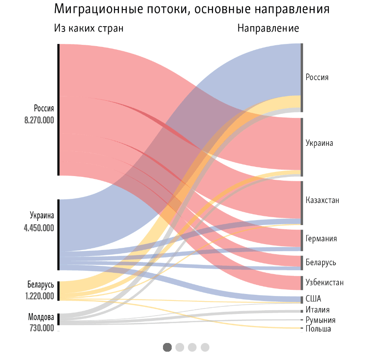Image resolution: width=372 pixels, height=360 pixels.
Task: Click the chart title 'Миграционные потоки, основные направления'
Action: coord(191,9)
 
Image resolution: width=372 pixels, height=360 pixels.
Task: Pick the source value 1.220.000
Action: coord(39,296)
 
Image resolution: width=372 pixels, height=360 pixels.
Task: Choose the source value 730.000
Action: coord(42,328)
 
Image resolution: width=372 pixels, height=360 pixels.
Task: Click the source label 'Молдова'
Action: coord(41,318)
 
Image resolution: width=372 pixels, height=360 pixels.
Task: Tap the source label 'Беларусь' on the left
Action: coord(41,285)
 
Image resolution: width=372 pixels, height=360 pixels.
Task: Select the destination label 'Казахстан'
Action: coord(322,201)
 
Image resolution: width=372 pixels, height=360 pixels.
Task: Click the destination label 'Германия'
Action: coord(321,239)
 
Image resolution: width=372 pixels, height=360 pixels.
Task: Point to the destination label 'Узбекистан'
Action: coord(324,283)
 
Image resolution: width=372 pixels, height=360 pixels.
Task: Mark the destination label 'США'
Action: coord(313,299)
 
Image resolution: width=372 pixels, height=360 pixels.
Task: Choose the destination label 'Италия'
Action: coord(317,310)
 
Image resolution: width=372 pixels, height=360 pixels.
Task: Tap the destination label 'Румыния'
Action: coord(320,320)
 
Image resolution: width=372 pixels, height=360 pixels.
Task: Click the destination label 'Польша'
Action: coord(318,329)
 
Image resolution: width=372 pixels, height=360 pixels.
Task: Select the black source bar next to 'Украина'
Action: coord(58,235)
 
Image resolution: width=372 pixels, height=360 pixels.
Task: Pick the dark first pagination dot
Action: coord(167,347)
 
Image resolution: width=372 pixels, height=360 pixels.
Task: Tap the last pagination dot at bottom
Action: coord(205,347)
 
